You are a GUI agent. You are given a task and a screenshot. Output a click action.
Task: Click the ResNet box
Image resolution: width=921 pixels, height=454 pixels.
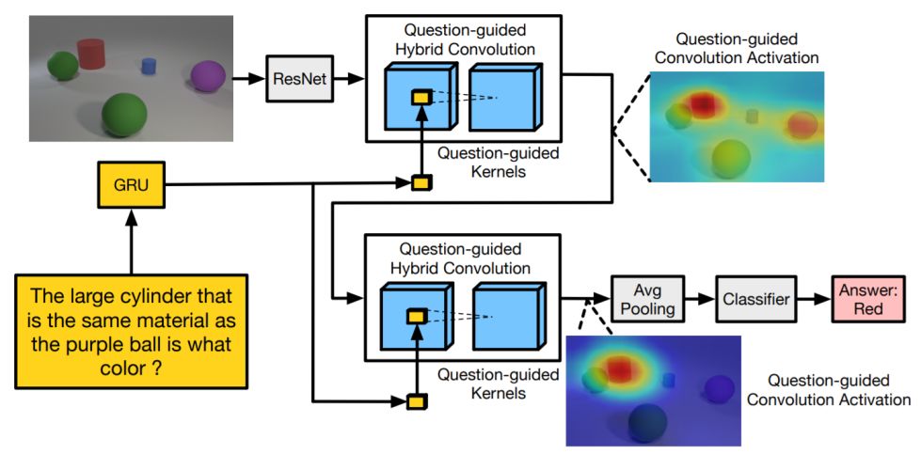tap(299, 79)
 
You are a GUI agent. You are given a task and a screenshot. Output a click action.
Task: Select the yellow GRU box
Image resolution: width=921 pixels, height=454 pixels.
tap(132, 186)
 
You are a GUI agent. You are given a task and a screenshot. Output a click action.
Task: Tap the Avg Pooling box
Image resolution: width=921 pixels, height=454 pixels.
tap(648, 298)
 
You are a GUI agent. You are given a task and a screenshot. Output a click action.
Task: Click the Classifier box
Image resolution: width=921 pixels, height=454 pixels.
tap(756, 298)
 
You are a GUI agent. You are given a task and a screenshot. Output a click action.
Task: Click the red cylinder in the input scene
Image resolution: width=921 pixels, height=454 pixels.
tap(91, 54)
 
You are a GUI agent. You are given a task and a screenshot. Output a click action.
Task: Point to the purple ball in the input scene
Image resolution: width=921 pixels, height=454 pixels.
tap(208, 76)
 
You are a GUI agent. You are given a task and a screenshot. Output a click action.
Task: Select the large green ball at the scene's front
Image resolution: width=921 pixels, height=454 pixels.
tap(123, 114)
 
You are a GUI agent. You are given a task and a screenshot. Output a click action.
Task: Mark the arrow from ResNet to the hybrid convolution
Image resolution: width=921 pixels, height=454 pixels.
tap(349, 79)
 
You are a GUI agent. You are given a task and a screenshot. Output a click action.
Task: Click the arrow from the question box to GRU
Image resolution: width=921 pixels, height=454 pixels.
tap(132, 241)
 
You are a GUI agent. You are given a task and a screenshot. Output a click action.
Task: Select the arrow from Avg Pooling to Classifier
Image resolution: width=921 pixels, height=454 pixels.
tap(700, 298)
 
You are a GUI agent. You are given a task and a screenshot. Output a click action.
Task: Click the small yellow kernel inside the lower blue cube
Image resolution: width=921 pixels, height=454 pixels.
tap(417, 317)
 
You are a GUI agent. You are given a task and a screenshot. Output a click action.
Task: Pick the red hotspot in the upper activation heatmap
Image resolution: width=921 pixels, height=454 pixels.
tap(703, 103)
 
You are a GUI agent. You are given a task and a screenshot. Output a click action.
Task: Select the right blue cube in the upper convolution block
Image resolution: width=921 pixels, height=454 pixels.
tap(505, 97)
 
